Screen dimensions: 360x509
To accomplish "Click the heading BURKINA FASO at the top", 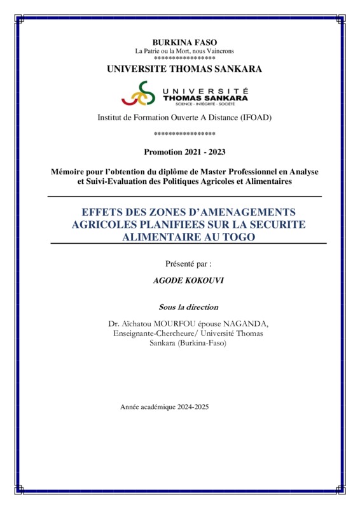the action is (184, 42).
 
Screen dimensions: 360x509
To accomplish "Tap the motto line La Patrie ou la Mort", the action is (184, 51).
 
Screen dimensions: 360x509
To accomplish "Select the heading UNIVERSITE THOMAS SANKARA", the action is (184, 69).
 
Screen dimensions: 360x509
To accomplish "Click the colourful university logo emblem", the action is (138, 94).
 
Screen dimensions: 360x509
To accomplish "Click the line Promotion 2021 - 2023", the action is (184, 152).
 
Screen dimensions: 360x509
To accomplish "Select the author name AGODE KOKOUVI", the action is (185, 280).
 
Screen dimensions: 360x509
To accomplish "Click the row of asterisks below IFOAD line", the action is (184, 134).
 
